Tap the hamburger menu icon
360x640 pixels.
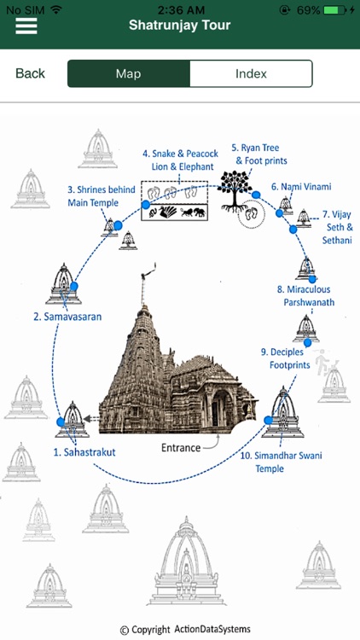(26, 25)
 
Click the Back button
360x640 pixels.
(30, 73)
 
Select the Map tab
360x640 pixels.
(128, 73)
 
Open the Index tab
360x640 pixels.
(251, 73)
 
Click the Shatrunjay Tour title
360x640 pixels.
(179, 26)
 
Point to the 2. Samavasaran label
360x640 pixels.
(67, 317)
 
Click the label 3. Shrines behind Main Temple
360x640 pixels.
(95, 196)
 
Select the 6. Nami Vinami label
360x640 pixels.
(300, 186)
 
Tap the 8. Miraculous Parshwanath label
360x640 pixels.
(305, 296)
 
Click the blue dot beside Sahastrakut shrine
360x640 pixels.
(61, 422)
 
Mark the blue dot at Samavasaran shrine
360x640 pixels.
(74, 287)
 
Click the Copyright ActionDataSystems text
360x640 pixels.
(185, 630)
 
